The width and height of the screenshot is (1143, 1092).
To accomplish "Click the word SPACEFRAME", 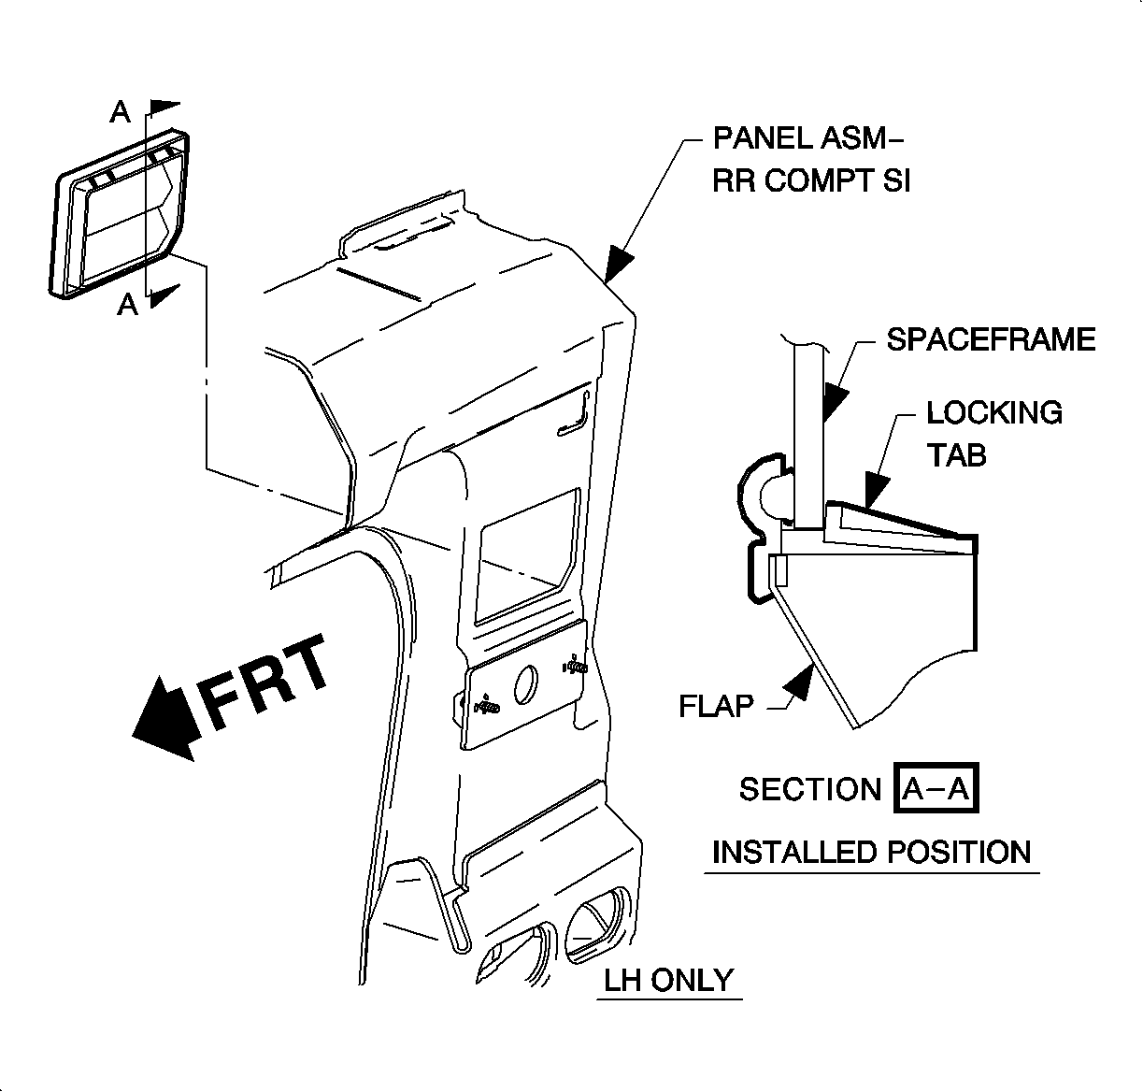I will coord(991,339).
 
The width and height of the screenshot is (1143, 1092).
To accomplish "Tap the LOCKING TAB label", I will coord(993,433).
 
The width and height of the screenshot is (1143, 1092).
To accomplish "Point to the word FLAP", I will coord(716,705).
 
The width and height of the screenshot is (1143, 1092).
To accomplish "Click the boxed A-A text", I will coord(936,790).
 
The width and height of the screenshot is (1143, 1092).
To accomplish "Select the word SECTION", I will coord(809,790).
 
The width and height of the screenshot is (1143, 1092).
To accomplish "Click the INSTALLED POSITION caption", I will coord(871,853).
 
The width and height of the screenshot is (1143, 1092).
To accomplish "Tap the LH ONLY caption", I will coord(668,981).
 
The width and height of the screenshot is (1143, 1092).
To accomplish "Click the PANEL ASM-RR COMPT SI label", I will coord(809,159).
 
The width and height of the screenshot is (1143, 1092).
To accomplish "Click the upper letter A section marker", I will coord(121,113).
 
